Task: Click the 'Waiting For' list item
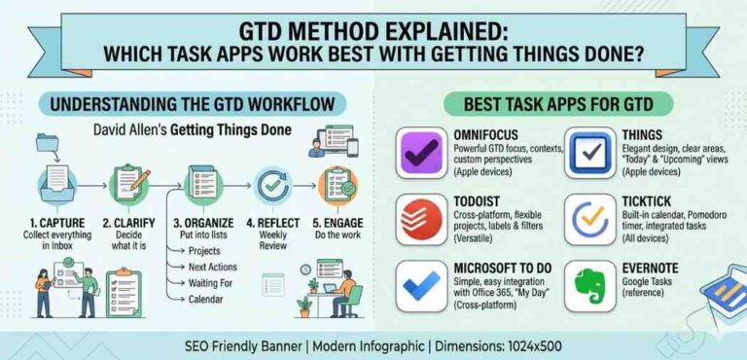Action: click(215, 283)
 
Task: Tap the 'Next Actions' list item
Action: click(217, 268)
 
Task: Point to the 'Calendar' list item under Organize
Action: click(211, 300)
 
